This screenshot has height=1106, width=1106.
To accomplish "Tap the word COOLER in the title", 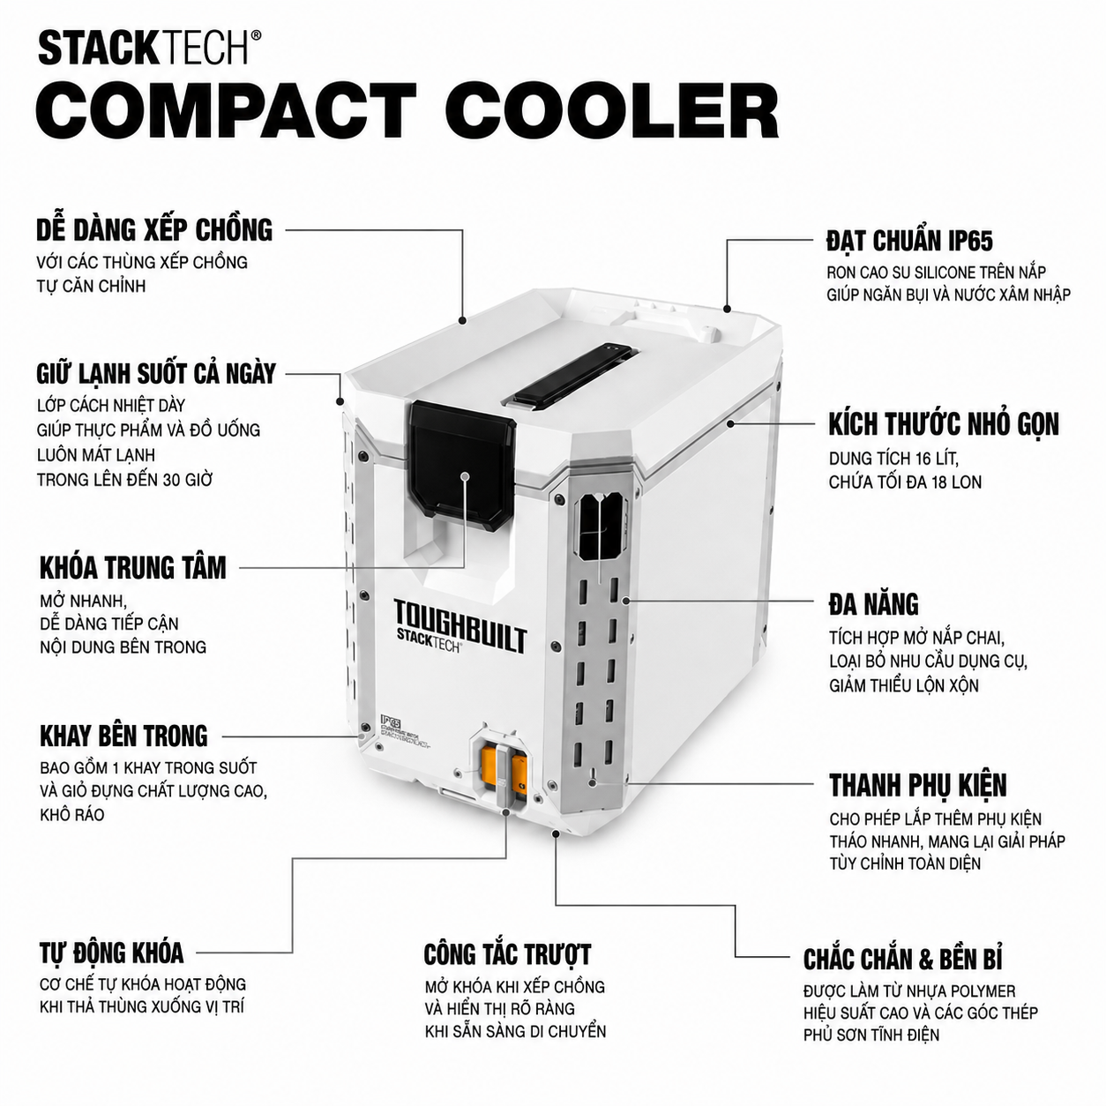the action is [613, 111].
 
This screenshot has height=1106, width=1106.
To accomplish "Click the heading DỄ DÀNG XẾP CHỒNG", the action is [154, 230].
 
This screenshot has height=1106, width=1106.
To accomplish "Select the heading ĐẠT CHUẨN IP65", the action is [909, 241].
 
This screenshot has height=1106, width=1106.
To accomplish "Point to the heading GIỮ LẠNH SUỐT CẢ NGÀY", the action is [156, 374].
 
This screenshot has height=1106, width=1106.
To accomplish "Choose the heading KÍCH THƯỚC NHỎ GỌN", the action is [944, 424].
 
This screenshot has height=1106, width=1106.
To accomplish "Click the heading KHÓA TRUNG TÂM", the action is [133, 568].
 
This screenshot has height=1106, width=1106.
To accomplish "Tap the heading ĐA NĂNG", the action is [873, 604].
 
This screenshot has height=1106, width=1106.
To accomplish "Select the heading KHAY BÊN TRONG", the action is [123, 736].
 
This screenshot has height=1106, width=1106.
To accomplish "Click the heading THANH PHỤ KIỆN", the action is [918, 785].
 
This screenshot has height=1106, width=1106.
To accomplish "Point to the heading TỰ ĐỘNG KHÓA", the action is [112, 953].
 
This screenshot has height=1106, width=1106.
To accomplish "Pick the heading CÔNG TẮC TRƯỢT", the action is [507, 954].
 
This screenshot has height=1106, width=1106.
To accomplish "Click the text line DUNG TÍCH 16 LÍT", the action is [893, 459].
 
